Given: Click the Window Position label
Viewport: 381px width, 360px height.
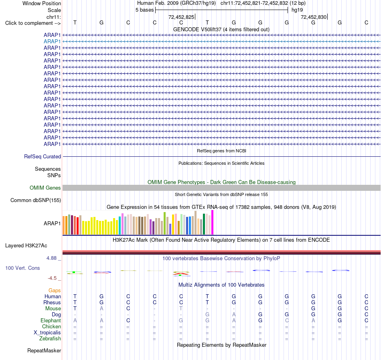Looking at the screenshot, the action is click(42, 3).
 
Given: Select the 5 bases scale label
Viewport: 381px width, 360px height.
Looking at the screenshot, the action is click(144, 10).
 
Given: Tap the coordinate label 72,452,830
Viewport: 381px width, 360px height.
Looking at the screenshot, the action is click(314, 17).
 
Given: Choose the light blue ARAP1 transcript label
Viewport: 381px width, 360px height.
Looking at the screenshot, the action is click(52, 42).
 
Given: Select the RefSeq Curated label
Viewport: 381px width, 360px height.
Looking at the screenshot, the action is click(43, 156).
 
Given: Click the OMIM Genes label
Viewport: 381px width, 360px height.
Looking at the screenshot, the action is click(45, 188).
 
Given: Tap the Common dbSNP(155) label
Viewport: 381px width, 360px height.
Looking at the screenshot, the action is click(36, 200).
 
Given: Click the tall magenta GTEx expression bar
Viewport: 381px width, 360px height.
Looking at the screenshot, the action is click(213, 222).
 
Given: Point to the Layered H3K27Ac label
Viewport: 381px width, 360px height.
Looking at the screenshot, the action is click(26, 246).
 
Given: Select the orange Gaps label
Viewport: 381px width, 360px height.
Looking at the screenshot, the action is click(55, 290).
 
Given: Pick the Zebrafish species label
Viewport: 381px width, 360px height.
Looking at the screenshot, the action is click(50, 338).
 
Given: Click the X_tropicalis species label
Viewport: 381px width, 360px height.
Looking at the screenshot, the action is click(47, 333).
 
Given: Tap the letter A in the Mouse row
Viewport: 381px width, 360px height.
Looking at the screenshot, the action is click(101, 309).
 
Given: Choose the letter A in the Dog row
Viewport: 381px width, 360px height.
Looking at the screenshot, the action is click(234, 314).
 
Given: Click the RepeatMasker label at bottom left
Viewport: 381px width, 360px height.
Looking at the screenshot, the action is click(44, 350).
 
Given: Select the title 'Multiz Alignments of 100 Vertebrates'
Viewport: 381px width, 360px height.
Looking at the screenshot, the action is click(221, 285).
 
